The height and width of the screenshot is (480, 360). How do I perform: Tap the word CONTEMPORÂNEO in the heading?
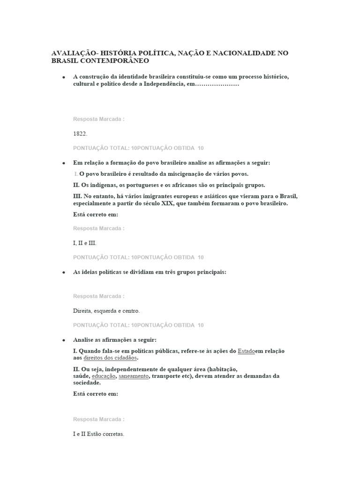[112, 61]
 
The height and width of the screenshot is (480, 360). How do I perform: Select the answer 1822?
[80, 134]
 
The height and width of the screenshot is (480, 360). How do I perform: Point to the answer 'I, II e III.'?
[85, 243]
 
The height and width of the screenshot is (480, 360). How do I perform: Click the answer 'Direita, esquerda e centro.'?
[106, 311]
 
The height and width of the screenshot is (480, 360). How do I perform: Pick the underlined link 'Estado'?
[247, 351]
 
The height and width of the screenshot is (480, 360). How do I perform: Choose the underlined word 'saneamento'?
[133, 376]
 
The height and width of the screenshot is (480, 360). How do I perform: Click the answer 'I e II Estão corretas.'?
[98, 434]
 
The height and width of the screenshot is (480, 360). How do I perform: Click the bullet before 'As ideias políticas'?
[63, 273]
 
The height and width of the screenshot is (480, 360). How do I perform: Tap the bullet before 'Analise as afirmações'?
[63, 340]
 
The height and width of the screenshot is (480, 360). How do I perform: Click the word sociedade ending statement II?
[86, 382]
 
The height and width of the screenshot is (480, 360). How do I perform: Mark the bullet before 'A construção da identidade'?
[63, 77]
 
